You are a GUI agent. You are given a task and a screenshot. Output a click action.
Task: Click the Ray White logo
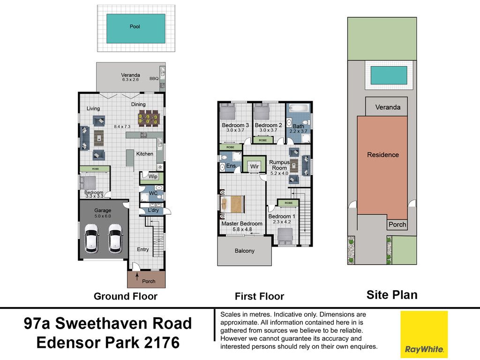424,332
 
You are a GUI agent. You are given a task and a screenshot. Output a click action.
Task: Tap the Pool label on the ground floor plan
135,27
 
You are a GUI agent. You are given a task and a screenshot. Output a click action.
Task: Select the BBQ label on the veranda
154,79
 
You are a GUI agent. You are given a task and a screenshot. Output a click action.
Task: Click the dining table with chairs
149,118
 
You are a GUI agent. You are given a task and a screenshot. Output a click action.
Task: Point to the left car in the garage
91,239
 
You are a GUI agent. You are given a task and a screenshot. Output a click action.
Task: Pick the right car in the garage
115,239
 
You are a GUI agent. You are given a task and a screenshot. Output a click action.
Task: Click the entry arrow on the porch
137,278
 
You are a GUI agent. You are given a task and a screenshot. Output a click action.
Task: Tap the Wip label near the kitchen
153,177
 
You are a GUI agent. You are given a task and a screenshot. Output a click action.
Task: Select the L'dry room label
153,210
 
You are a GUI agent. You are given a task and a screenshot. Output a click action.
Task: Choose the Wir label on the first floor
255,166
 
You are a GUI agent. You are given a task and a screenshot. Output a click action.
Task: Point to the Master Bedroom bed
232,204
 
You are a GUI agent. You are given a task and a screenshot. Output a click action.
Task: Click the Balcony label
245,251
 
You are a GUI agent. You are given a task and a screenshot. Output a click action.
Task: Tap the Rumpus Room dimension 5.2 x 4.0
279,173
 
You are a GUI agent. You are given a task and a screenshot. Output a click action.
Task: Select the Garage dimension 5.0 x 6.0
103,216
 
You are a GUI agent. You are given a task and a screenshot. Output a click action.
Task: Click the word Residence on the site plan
383,155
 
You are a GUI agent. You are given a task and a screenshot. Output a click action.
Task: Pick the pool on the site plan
389,75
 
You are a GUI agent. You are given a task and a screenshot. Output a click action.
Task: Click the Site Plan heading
392,295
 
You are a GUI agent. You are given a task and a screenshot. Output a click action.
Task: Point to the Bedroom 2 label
269,125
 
